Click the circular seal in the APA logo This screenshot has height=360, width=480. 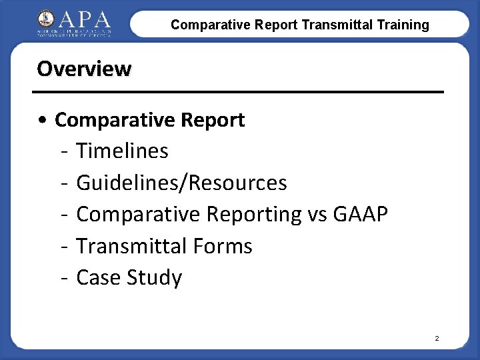[x=47, y=19]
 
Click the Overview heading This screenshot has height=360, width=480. [x=84, y=69]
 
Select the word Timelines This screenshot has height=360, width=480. [x=123, y=151]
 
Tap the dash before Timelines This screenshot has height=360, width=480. [x=63, y=152]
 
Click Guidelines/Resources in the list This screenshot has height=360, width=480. [x=182, y=183]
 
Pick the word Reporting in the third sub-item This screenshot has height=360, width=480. [x=255, y=215]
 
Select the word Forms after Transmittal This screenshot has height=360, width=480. [x=222, y=246]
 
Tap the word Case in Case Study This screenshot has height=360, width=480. [x=97, y=277]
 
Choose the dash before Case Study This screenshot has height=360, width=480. [x=63, y=278]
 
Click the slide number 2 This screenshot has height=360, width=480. [x=437, y=339]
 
